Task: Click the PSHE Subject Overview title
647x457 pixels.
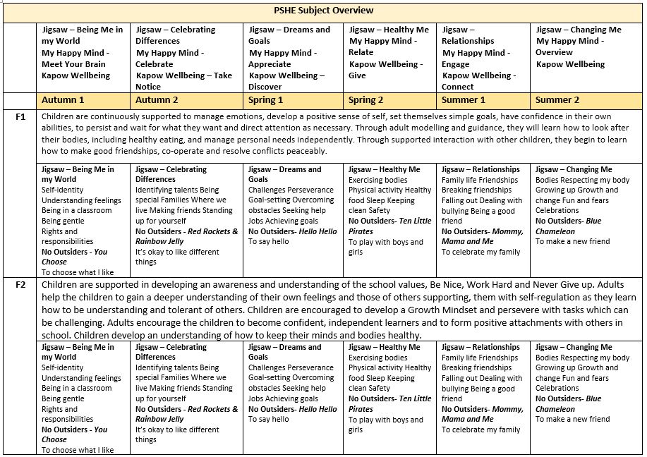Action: click(323, 11)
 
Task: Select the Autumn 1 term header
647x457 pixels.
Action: click(63, 100)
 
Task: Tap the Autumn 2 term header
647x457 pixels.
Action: click(157, 100)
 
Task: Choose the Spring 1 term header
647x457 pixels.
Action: click(266, 100)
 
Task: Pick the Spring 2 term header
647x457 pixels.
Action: click(367, 100)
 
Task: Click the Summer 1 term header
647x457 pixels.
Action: click(464, 100)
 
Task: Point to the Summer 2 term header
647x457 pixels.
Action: click(557, 100)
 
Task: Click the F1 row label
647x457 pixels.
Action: click(21, 117)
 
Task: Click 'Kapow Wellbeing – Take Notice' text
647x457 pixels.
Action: click(184, 81)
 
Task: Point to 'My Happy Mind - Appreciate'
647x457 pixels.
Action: click(280, 59)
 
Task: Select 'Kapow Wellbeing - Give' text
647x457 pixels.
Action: click(386, 70)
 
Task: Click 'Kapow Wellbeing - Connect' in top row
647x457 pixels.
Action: click(478, 81)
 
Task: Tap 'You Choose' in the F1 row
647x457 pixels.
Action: click(74, 257)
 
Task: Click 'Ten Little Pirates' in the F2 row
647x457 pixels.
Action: click(389, 403)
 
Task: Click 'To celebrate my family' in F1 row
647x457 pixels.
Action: click(480, 252)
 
